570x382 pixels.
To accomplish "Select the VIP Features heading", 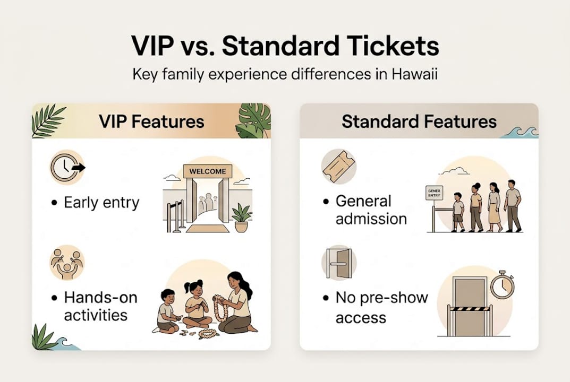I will click(x=151, y=121).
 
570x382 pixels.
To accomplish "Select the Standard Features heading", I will click(x=419, y=121).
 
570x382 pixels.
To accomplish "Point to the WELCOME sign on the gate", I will click(x=208, y=171).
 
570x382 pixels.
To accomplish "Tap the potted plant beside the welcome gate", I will click(x=241, y=218).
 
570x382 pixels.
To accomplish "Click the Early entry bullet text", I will click(x=101, y=203).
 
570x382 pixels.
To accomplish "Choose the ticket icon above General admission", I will click(x=338, y=167).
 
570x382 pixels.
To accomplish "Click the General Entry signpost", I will click(x=434, y=194).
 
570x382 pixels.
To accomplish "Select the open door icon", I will click(x=339, y=262).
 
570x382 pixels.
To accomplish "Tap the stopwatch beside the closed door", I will click(x=501, y=285).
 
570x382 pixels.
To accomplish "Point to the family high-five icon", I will click(x=67, y=262).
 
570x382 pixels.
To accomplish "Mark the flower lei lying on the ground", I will click(x=208, y=334).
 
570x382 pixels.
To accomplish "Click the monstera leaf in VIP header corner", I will click(x=253, y=120).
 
